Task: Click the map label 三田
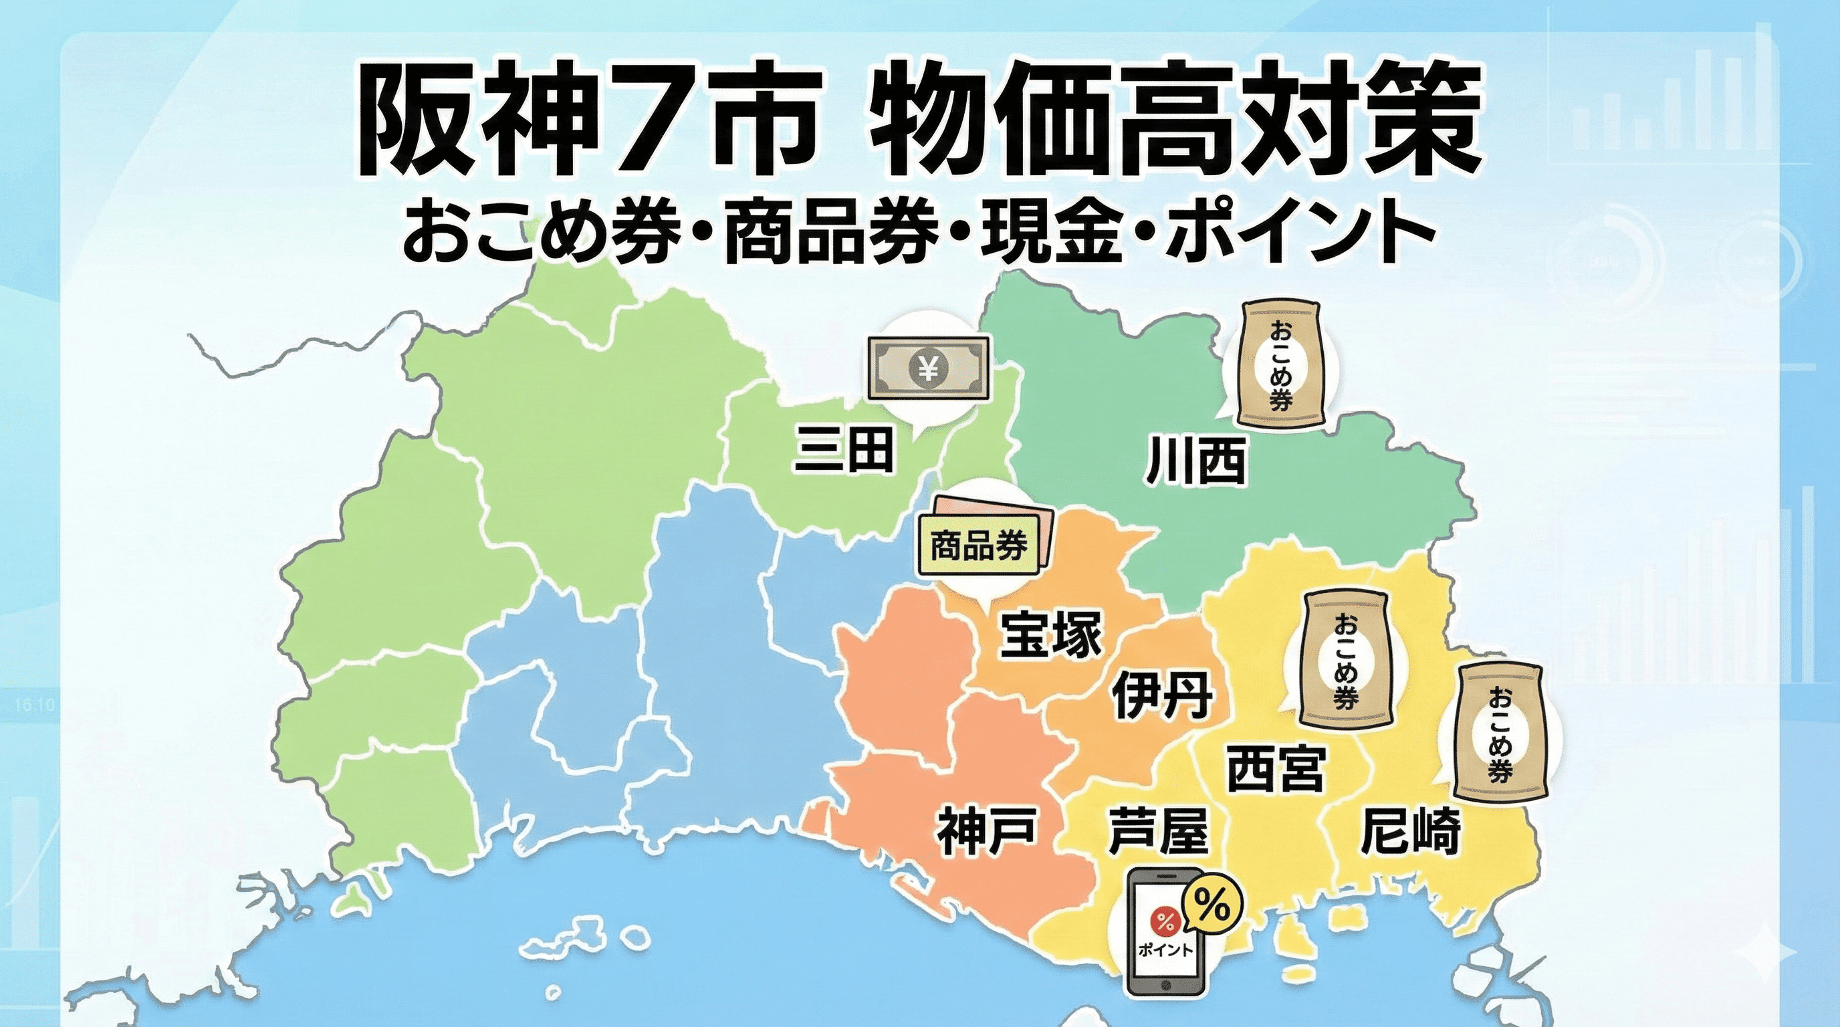(x=844, y=449)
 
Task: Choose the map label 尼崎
(x=1411, y=830)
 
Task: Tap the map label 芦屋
(x=1159, y=830)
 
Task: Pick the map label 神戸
(x=987, y=830)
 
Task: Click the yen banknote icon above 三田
(x=928, y=368)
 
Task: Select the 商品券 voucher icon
(x=979, y=546)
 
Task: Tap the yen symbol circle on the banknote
(x=928, y=368)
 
